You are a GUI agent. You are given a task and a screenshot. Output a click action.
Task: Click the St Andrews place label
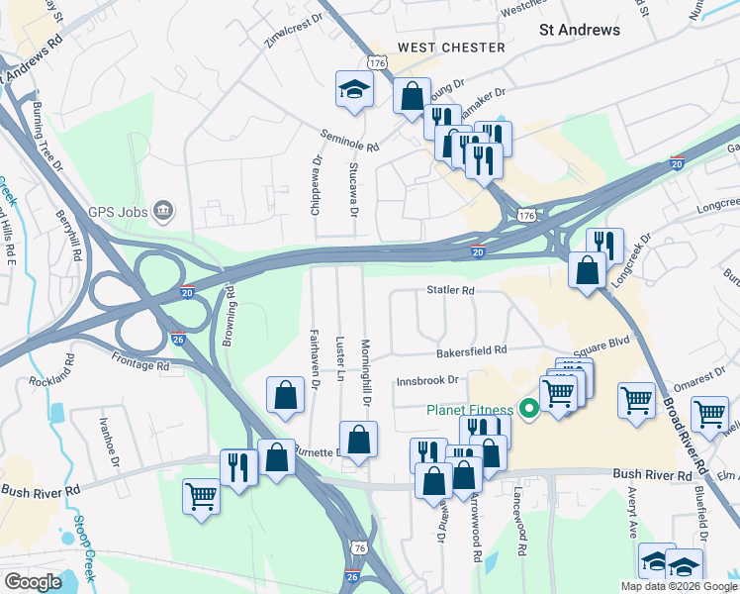pos(580,30)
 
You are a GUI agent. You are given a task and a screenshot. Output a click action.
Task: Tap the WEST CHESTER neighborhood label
pos(451,48)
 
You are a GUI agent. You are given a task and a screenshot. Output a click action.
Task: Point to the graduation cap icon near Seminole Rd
pos(352,91)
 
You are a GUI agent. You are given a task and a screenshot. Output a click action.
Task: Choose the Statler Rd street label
pos(451,291)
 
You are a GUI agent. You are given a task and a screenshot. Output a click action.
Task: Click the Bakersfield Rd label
pos(472,350)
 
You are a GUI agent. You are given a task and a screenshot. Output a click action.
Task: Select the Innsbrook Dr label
pos(428,379)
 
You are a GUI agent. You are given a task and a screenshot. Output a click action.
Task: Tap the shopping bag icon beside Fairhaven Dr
pos(285,395)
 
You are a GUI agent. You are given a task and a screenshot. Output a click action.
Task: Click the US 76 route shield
pos(358,547)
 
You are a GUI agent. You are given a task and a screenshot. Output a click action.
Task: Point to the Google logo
pos(33,582)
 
